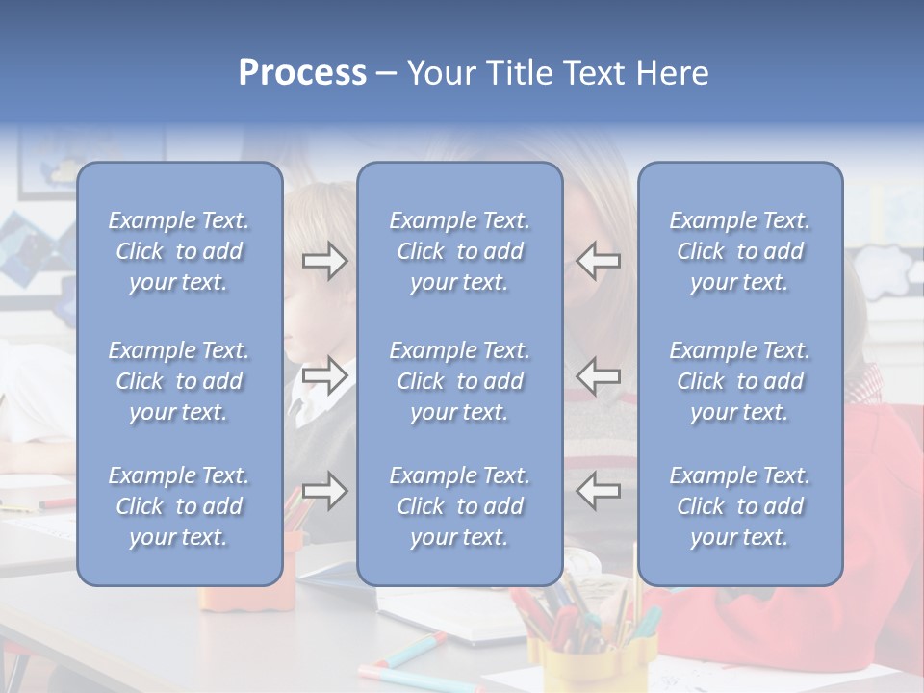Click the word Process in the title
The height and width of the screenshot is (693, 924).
(x=302, y=73)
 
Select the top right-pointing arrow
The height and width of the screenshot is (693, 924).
(x=324, y=261)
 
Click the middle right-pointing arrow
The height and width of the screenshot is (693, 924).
(x=324, y=375)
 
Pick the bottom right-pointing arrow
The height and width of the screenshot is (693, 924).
(x=324, y=491)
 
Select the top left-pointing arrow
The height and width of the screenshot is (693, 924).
(x=598, y=261)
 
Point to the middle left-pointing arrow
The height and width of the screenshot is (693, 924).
(x=598, y=375)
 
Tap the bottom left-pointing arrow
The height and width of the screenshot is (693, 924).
(x=598, y=491)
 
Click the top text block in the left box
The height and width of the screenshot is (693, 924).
(x=179, y=251)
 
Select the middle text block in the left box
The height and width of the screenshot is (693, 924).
(x=179, y=381)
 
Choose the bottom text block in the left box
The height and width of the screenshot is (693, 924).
(x=179, y=506)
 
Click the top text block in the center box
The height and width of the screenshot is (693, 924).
(x=460, y=251)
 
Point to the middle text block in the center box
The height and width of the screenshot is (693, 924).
(x=460, y=381)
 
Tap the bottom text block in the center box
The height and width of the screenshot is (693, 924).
(x=460, y=506)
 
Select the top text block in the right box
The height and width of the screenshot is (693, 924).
(x=740, y=251)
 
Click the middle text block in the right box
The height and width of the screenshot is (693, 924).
(x=740, y=381)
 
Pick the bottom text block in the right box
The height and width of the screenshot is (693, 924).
(x=740, y=506)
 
